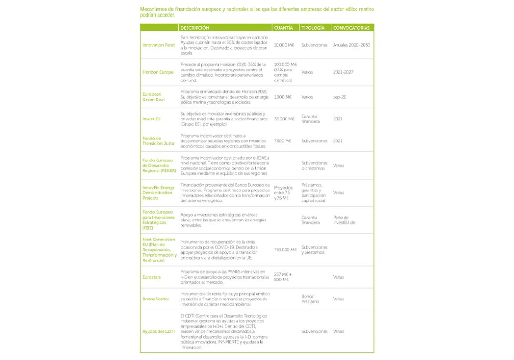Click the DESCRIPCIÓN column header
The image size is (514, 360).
coord(195,28)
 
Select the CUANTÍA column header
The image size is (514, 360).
coord(284,28)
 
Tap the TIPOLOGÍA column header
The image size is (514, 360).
coord(313,28)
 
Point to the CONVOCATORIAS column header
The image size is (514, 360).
coord(351,28)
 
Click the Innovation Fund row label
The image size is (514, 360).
coord(158,45)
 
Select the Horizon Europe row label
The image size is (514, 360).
coord(158,72)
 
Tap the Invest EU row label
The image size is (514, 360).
coord(151,119)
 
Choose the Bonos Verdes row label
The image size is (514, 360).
coord(156,299)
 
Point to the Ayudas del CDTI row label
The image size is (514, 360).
coord(158,331)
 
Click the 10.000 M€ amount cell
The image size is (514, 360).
coord(284,45)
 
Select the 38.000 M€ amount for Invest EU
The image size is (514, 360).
coord(284,119)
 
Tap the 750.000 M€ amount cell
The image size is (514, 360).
coord(285,250)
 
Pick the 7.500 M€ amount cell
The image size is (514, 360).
coord(283,141)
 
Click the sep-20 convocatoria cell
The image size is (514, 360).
coord(340,97)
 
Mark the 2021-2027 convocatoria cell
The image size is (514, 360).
coord(343,72)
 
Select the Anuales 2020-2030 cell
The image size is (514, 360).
coord(352,45)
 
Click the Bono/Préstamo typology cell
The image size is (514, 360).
coord(310,299)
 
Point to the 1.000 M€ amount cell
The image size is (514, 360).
coord(283,97)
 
